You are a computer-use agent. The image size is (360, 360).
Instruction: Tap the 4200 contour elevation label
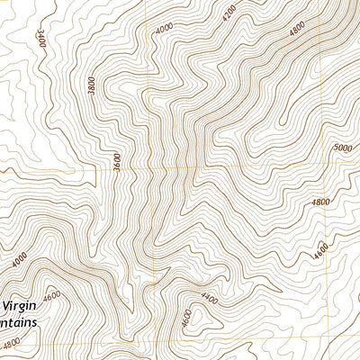click(230, 12)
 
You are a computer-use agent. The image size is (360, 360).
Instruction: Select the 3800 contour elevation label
click(91, 85)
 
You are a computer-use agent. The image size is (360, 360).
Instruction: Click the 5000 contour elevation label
click(343, 148)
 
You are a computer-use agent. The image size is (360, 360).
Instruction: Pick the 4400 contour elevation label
click(210, 298)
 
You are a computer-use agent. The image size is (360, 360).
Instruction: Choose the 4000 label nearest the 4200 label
click(164, 29)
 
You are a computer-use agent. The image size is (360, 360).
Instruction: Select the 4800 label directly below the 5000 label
click(321, 202)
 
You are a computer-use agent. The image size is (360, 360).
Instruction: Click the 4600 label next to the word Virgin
click(51, 295)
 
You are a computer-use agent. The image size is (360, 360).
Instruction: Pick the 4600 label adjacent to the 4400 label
click(185, 318)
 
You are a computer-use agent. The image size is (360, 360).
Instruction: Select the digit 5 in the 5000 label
click(335, 148)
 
